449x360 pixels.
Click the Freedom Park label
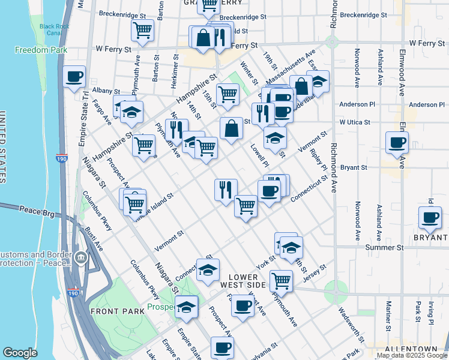point(41,50)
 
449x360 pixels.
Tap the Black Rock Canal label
point(55,29)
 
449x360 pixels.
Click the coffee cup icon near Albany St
point(74,77)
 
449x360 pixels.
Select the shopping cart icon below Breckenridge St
point(143,30)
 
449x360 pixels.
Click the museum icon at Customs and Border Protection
point(81,259)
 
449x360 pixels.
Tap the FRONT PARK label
point(117,311)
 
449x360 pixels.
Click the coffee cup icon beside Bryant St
point(398,143)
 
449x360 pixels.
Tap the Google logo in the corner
point(20,353)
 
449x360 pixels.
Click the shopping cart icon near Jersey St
point(280,280)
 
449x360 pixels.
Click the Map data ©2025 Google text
point(412,355)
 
